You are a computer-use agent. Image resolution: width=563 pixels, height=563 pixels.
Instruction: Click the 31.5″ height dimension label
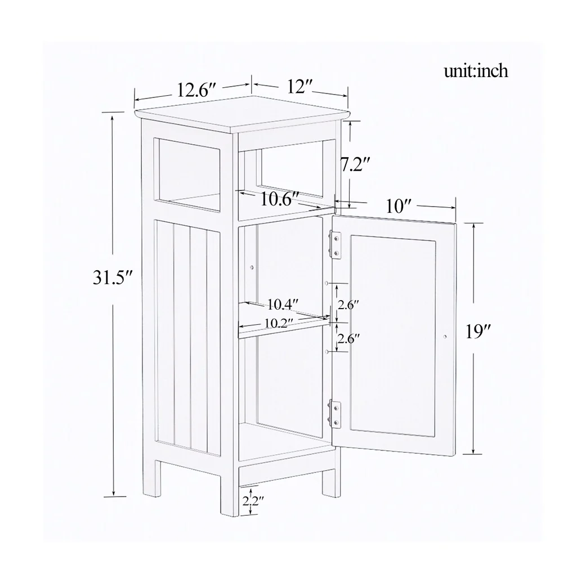pos(112,278)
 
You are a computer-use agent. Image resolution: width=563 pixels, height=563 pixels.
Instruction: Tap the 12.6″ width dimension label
pos(196,90)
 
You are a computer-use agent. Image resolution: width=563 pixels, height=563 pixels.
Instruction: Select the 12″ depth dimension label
pos(300,87)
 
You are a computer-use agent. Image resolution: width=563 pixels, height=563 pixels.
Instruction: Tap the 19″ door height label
pos(479,332)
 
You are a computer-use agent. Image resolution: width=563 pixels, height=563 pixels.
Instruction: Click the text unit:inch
pos(476,72)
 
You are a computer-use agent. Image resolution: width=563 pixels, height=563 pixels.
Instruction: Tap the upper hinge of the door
pos(336,244)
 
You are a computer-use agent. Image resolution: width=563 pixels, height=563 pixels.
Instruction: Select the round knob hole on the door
pos(445,336)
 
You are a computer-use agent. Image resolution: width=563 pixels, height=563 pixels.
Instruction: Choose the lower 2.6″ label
pos(348,338)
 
